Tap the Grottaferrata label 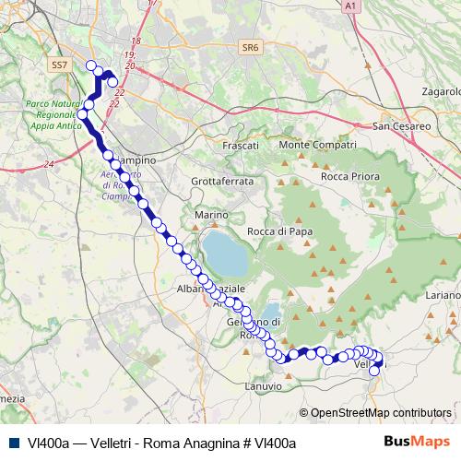tap(221, 182)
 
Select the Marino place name tap(210, 215)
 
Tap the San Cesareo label tap(402, 124)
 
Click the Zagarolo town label tap(439, 92)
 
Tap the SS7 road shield tap(60, 65)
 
